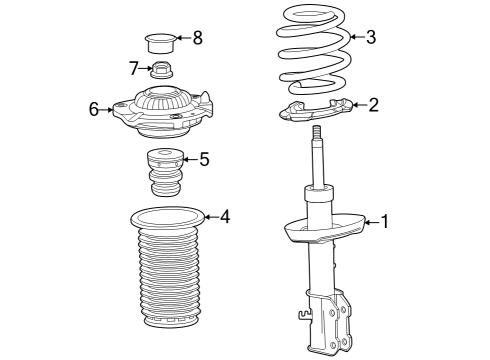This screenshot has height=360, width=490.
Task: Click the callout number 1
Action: pos(385,222)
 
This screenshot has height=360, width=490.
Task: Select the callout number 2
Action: pos(373,105)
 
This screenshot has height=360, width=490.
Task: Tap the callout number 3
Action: pos(371,38)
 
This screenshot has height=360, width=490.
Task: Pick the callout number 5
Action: pos(204,158)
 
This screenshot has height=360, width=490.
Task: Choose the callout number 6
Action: pos(95,109)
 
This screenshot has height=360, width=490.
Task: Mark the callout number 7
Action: pos(133,68)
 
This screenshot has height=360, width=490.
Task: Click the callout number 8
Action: pos(197,39)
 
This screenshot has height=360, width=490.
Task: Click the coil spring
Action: pos(313,45)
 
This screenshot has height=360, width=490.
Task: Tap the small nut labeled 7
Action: pos(161,71)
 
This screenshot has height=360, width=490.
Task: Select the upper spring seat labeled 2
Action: pos(315,111)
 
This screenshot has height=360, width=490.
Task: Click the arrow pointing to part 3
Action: pos(355,39)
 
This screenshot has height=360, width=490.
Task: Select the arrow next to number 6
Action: pos(108,109)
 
